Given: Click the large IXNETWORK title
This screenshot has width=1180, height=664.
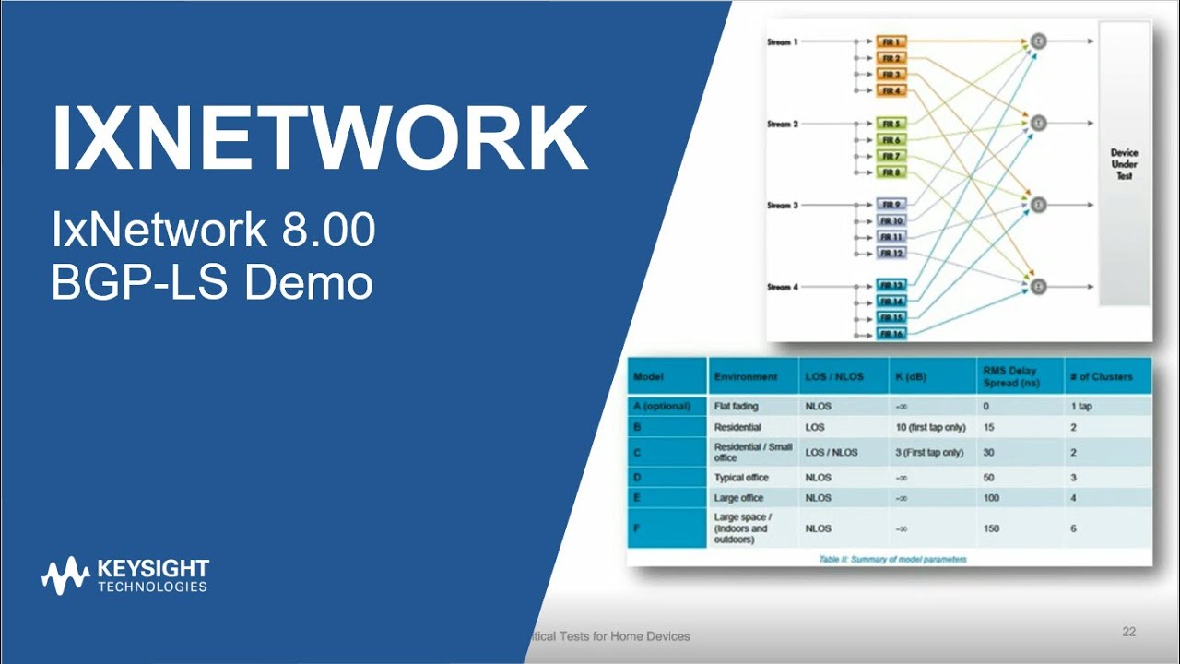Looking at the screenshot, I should coord(320,138).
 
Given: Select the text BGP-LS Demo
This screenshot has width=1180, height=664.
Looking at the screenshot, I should coord(212,283).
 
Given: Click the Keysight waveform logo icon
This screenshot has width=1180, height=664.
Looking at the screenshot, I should coord(65,575).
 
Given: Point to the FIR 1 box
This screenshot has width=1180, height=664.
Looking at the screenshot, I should coord(891,42).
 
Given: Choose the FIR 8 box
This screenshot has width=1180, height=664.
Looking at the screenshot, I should coord(891,172).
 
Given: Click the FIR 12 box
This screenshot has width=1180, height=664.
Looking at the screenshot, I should coord(891,253).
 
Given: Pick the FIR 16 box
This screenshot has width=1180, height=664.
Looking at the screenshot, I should coord(891,334).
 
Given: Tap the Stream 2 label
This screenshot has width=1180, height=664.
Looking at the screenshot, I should coord(782,124).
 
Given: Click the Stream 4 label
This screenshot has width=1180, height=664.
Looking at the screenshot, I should coord(782,288).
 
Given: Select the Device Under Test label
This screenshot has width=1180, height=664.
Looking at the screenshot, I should coord(1124,164).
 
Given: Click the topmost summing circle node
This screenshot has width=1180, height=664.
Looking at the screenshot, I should coord(1038,41).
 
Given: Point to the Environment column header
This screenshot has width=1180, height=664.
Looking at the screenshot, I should coord(745,376).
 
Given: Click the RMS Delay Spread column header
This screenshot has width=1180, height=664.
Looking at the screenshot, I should coord(1011,376).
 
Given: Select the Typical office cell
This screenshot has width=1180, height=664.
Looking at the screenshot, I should coord(741,478).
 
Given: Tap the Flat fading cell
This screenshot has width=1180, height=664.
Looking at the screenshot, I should coord(736,406).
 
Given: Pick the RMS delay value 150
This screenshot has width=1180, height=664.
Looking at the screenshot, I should coord(992,528).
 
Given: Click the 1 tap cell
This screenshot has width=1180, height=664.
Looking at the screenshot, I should coord(1080,406).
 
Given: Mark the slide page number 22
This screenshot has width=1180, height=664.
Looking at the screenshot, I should coord(1128,632).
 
